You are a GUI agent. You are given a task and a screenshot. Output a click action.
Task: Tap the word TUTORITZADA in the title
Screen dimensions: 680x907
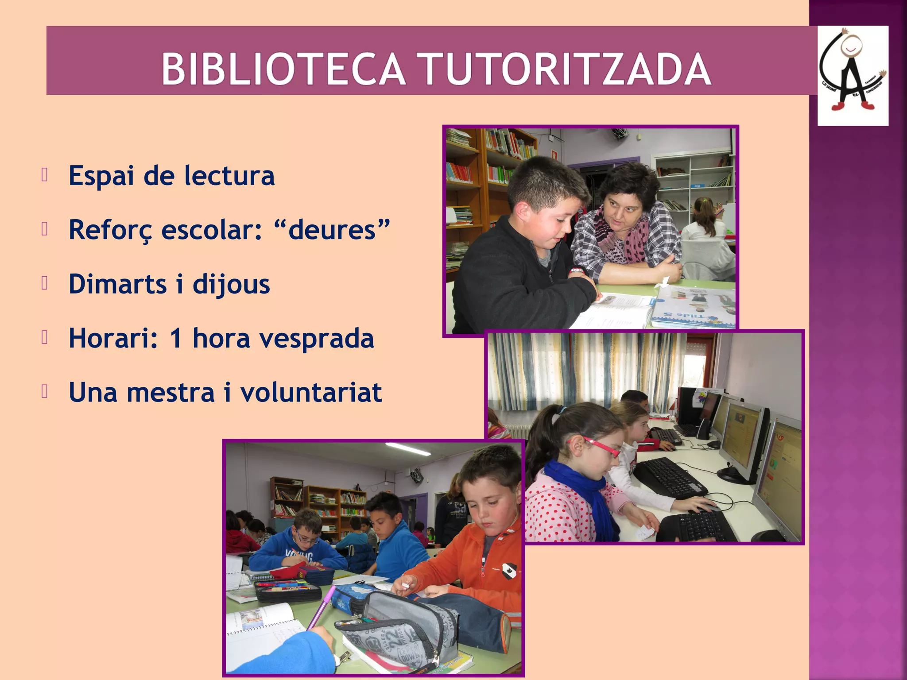pos(566,69)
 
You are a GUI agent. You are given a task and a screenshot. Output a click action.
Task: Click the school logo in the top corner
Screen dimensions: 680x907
pos(853,75)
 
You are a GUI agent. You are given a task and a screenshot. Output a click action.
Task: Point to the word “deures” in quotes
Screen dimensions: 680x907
pos(332,230)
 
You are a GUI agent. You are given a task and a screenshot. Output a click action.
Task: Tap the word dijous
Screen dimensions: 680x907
pos(231,285)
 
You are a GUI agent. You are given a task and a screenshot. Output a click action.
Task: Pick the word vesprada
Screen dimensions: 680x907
pos(316,339)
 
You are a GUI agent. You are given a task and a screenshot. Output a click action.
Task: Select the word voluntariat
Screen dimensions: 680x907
pos(311,393)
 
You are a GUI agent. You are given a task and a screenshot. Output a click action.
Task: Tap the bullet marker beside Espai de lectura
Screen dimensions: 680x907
pos(44,175)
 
